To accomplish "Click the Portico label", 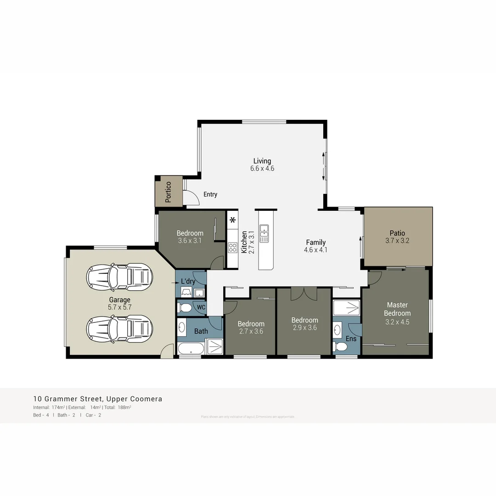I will (x=168, y=192).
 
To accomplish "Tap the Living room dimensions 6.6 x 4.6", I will (x=262, y=169).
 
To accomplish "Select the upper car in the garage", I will (x=119, y=277).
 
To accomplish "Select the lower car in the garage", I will (x=119, y=328).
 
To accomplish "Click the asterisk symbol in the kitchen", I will (x=233, y=220).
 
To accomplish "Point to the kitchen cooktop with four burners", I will (x=233, y=248).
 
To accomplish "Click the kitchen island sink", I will (x=264, y=233).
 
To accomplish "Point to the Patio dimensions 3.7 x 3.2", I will (x=397, y=240).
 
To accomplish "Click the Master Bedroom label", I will (x=397, y=309).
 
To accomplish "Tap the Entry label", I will (x=210, y=194).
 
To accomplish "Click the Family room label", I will (x=316, y=242).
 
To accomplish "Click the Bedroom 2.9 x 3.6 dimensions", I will (x=304, y=328).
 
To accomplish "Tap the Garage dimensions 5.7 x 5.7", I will (x=119, y=307).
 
